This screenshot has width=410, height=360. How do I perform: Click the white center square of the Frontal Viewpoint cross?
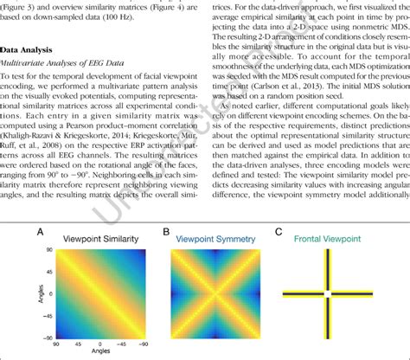[327, 297]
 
